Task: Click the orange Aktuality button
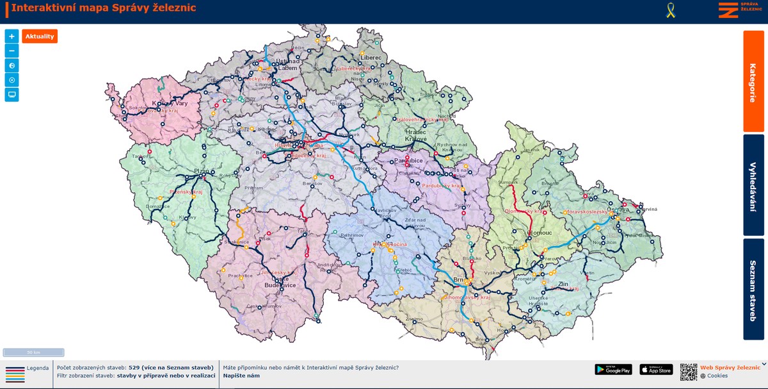tap(40, 37)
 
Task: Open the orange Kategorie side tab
tap(753, 82)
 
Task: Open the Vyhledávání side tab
tap(753, 185)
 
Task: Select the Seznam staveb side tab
tap(753, 289)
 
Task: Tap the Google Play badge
tap(613, 369)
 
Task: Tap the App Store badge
tap(656, 369)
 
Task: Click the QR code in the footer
tap(688, 372)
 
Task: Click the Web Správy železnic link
tap(730, 367)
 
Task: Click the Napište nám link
tap(241, 376)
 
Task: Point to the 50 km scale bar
tap(33, 352)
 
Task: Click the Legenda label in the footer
tap(37, 368)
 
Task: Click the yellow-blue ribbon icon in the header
tap(671, 10)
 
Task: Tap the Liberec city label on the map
tap(371, 58)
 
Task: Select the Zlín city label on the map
tap(563, 283)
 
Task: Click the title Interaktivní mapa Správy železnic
tap(104, 8)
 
